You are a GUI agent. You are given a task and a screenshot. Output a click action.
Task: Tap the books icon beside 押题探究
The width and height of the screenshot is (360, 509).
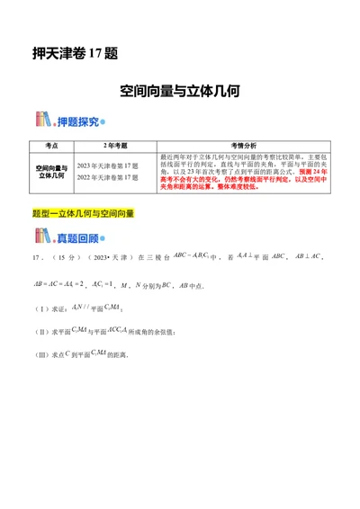(x=43, y=121)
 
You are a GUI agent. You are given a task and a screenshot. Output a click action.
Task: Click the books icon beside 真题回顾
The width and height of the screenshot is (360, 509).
(x=43, y=237)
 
